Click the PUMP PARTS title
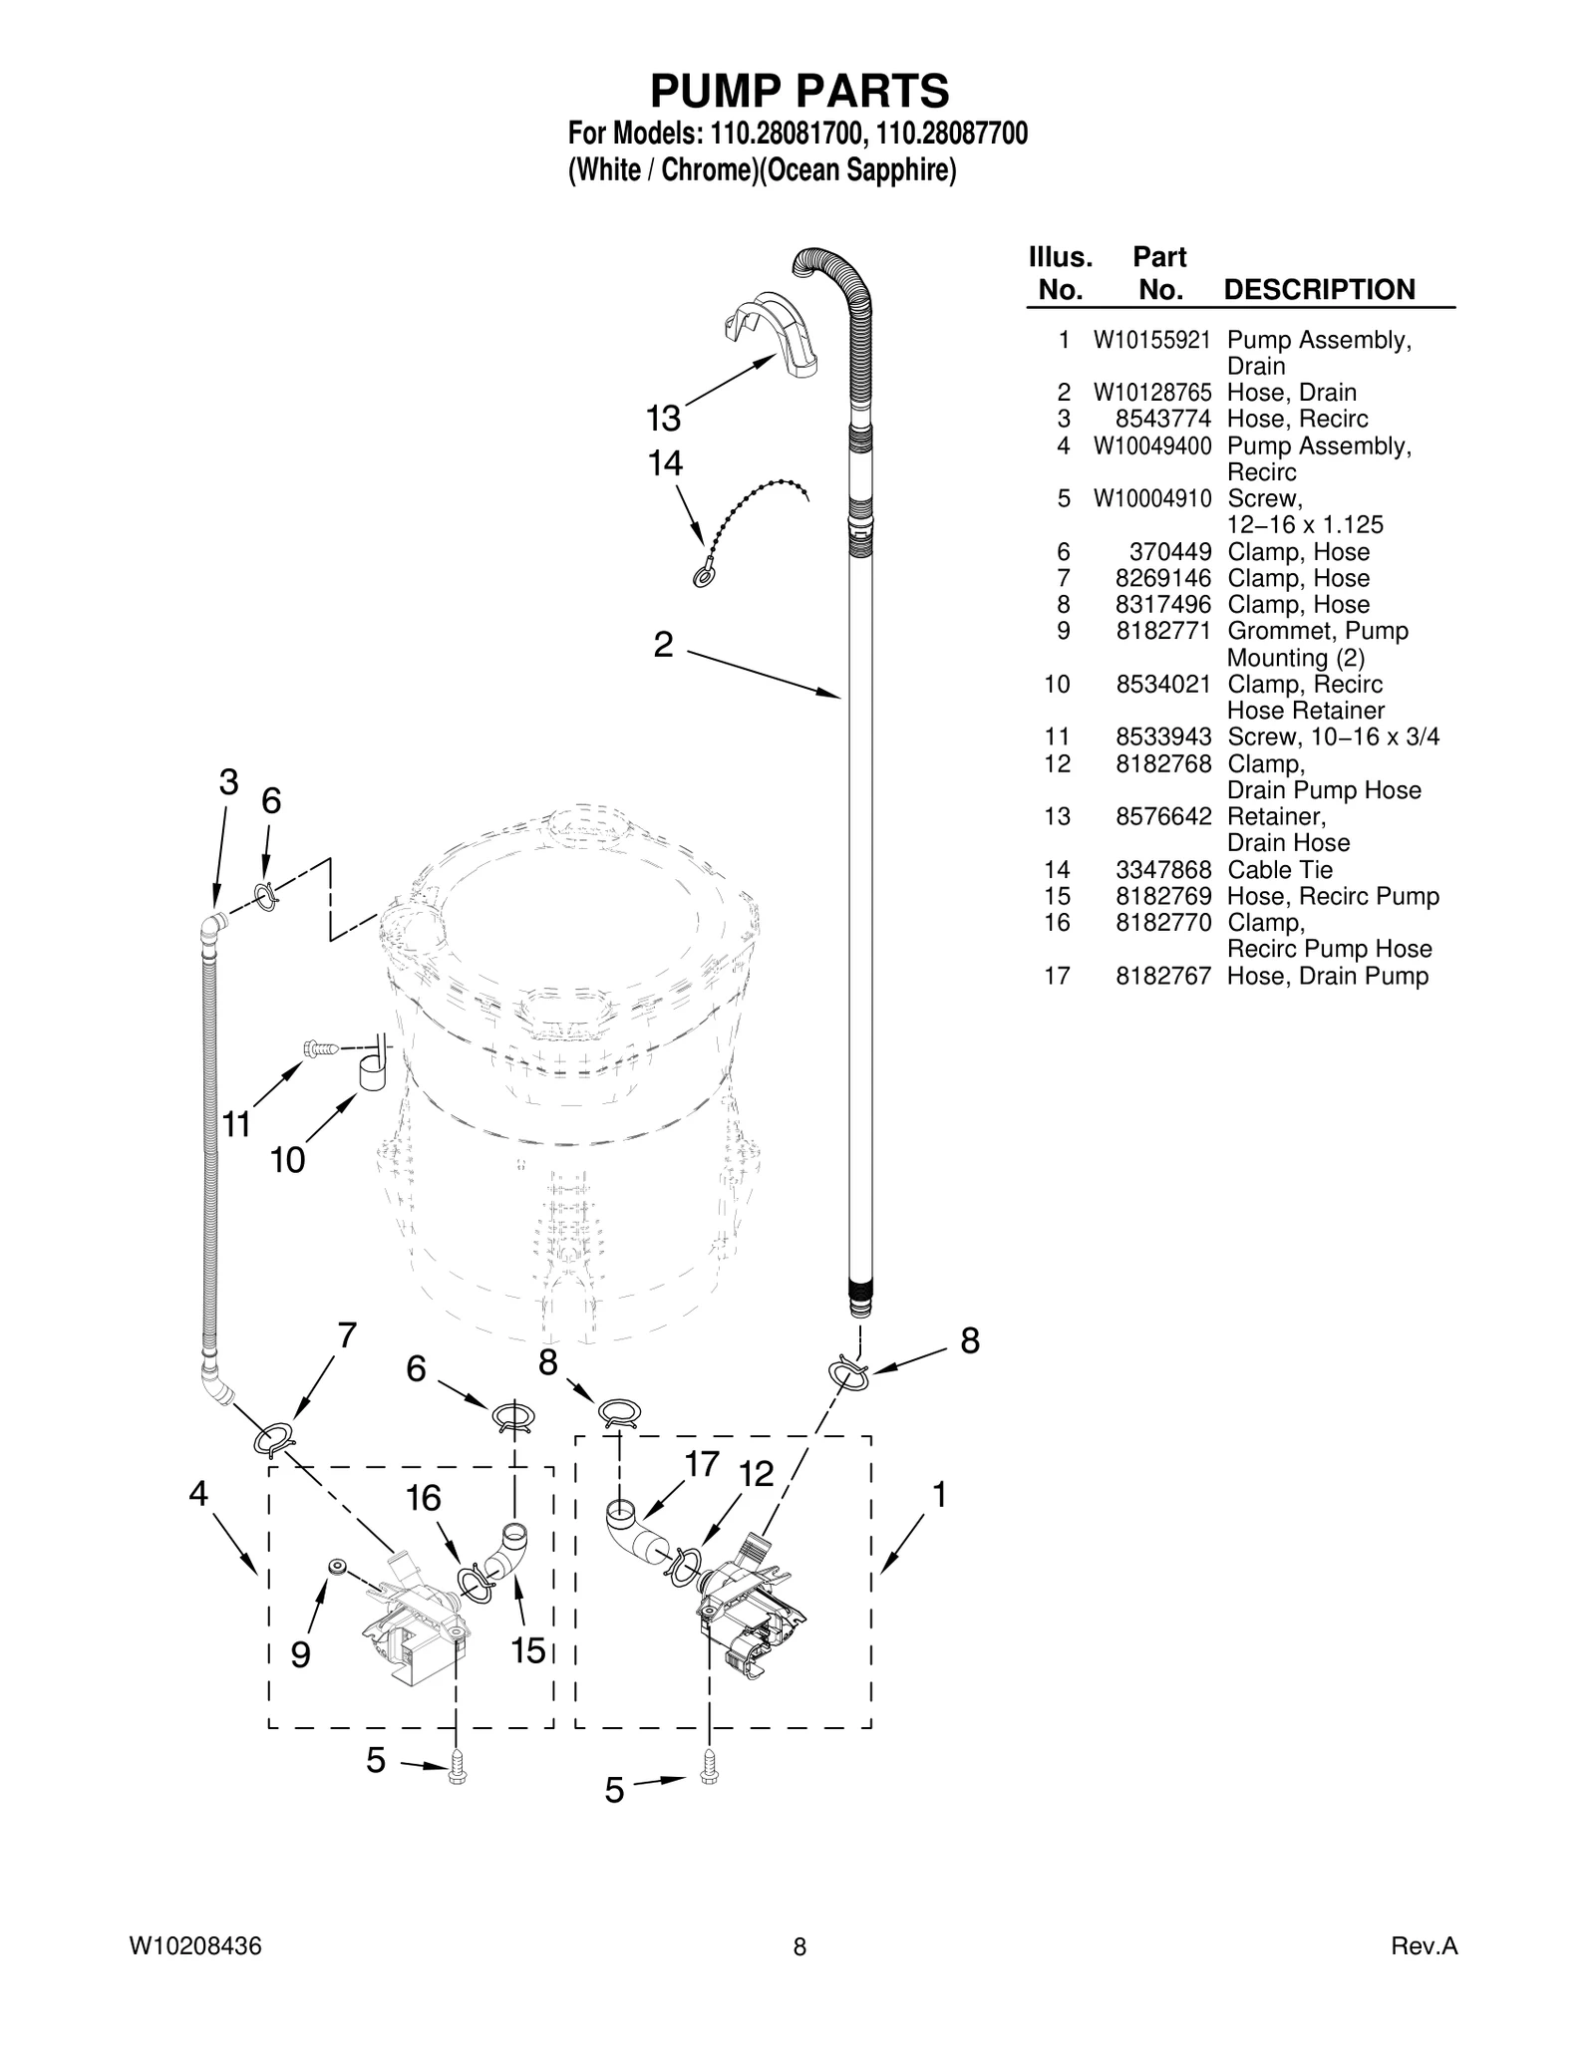coord(798,92)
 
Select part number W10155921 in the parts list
coord(1151,341)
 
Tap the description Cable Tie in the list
coord(1279,870)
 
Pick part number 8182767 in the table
coord(1163,976)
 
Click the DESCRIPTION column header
coord(1318,290)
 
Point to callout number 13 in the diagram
coord(663,419)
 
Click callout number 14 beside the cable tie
coord(665,463)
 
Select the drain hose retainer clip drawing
coord(770,334)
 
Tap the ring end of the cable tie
coord(702,577)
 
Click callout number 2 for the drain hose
coord(663,645)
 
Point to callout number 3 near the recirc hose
coord(228,782)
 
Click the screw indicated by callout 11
coord(321,1048)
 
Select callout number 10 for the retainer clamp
coord(287,1160)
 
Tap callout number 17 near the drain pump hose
coord(702,1464)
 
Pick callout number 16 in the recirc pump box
coord(424,1498)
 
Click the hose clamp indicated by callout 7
coord(275,1440)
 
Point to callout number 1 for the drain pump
coord(938,1495)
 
